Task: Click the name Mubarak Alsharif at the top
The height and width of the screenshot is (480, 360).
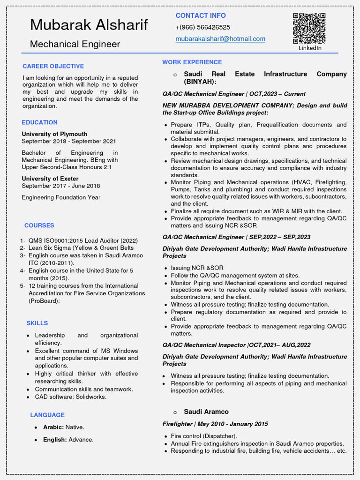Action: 89,25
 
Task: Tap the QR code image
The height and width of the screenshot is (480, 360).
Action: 309,29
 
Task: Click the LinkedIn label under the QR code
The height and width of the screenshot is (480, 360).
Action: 310,48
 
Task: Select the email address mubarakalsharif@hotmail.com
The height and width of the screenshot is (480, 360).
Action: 220,39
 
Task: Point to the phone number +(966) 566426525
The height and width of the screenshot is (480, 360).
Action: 202,27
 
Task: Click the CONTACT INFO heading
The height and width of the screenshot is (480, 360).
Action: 200,15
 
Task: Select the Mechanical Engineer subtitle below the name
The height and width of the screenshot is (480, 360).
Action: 75,44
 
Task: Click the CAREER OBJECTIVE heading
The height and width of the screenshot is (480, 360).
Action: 53,66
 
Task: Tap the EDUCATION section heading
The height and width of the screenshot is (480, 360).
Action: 39,122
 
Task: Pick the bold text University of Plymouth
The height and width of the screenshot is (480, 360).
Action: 54,134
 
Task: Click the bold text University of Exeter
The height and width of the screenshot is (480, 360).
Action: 50,179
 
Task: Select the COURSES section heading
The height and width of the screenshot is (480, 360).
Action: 39,225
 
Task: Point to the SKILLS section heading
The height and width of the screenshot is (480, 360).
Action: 37,323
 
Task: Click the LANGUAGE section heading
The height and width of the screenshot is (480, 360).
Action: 47,415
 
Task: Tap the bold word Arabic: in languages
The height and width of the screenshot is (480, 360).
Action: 53,427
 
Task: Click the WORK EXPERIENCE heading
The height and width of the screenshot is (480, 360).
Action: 192,62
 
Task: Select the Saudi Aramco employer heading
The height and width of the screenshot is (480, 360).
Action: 206,412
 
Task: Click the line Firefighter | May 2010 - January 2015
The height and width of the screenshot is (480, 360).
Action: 215,424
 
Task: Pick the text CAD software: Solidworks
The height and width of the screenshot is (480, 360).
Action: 70,397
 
